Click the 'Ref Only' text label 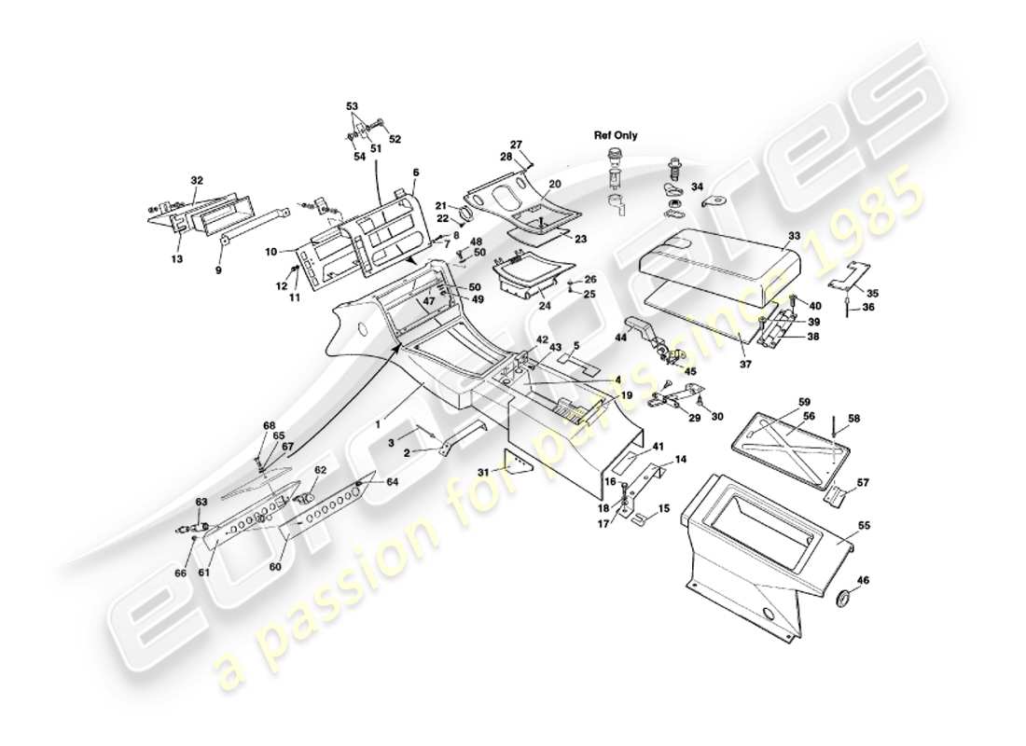[x=616, y=135]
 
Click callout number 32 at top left [x=196, y=179]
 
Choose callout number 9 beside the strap [x=219, y=271]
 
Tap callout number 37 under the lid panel [x=744, y=364]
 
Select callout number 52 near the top [x=395, y=140]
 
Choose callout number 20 [x=554, y=184]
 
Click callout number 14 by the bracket [x=680, y=460]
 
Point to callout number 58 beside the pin [x=853, y=419]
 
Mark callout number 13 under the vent [x=176, y=258]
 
